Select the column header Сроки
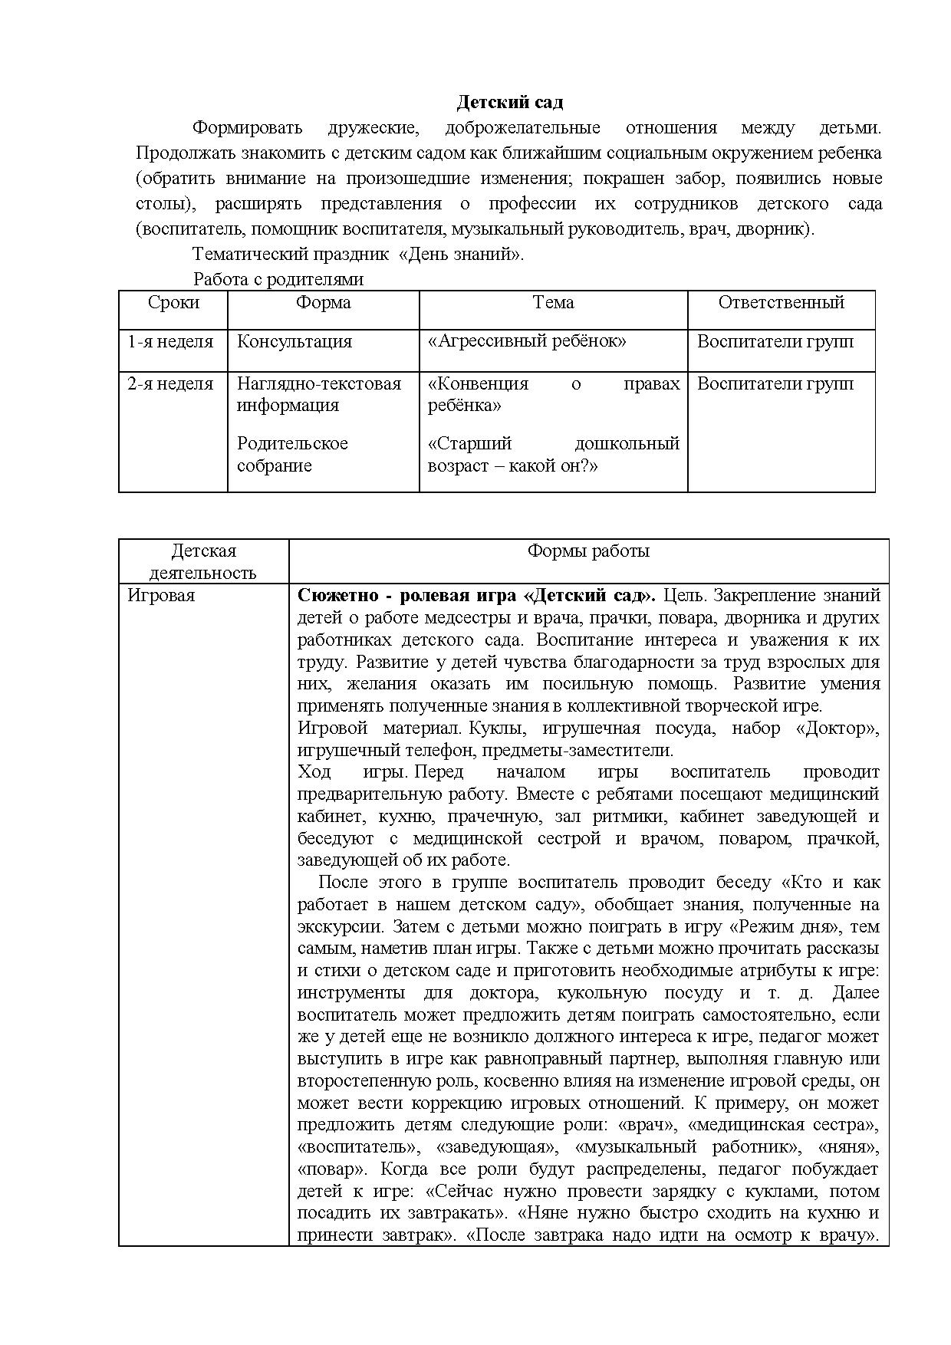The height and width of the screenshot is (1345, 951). click(x=173, y=303)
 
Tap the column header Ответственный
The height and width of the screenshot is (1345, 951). click(x=781, y=303)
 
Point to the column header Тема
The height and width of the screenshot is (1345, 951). click(x=553, y=303)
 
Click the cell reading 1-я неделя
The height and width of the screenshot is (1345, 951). click(x=170, y=342)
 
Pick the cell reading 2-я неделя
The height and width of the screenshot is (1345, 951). click(x=170, y=384)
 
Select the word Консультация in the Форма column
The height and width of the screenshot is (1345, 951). click(x=295, y=342)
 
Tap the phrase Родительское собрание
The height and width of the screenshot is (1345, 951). click(x=292, y=455)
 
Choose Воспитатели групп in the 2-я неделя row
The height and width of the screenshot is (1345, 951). click(x=775, y=384)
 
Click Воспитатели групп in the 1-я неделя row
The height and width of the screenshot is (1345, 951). click(x=775, y=342)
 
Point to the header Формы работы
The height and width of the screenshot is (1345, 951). click(x=588, y=551)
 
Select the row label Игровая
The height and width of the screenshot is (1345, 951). click(x=161, y=596)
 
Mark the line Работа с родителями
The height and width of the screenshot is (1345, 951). click(x=278, y=280)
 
